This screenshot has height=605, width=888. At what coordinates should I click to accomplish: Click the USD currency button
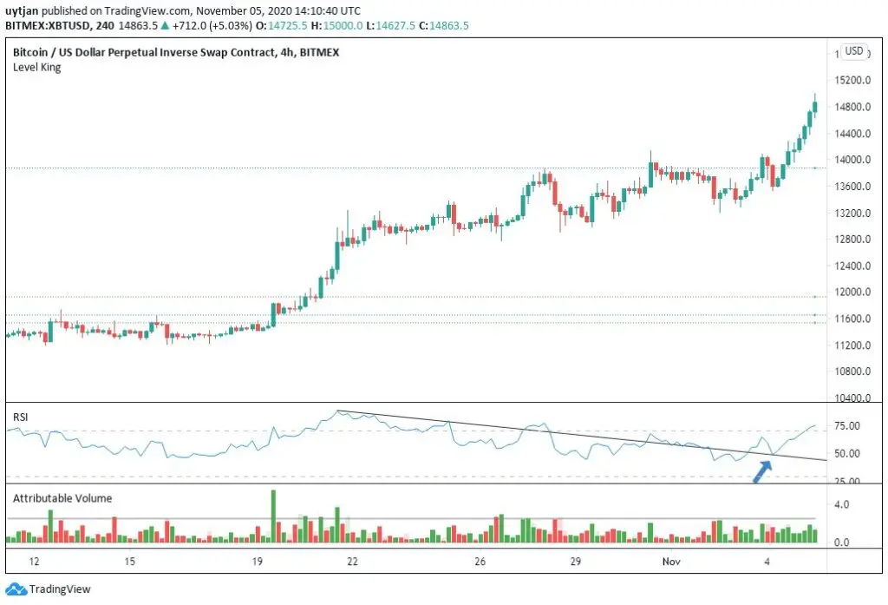854,51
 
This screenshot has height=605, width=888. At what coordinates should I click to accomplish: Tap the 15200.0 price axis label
852,80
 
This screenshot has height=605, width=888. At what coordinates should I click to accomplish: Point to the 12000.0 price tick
852,292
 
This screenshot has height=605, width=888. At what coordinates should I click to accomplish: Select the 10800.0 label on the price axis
852,372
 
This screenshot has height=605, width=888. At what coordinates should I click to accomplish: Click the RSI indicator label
21,418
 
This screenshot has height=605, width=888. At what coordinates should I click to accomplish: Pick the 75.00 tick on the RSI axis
847,426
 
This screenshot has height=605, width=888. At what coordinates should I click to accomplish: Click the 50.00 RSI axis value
847,454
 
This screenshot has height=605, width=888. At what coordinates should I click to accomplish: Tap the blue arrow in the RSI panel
762,471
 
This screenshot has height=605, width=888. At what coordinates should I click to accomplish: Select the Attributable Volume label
62,498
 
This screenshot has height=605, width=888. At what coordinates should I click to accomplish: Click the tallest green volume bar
273,516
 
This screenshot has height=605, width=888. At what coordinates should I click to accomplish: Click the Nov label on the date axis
671,562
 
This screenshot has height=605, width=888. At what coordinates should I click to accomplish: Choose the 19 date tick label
257,562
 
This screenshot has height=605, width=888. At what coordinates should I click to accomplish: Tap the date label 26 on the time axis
480,562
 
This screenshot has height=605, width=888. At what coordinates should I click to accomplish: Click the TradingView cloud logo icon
16,589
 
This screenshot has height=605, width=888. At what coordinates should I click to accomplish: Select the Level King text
36,68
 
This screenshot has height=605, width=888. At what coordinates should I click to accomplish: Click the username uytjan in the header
22,10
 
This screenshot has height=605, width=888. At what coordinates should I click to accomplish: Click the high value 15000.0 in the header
343,25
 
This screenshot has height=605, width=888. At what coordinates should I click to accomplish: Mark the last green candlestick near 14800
815,106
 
